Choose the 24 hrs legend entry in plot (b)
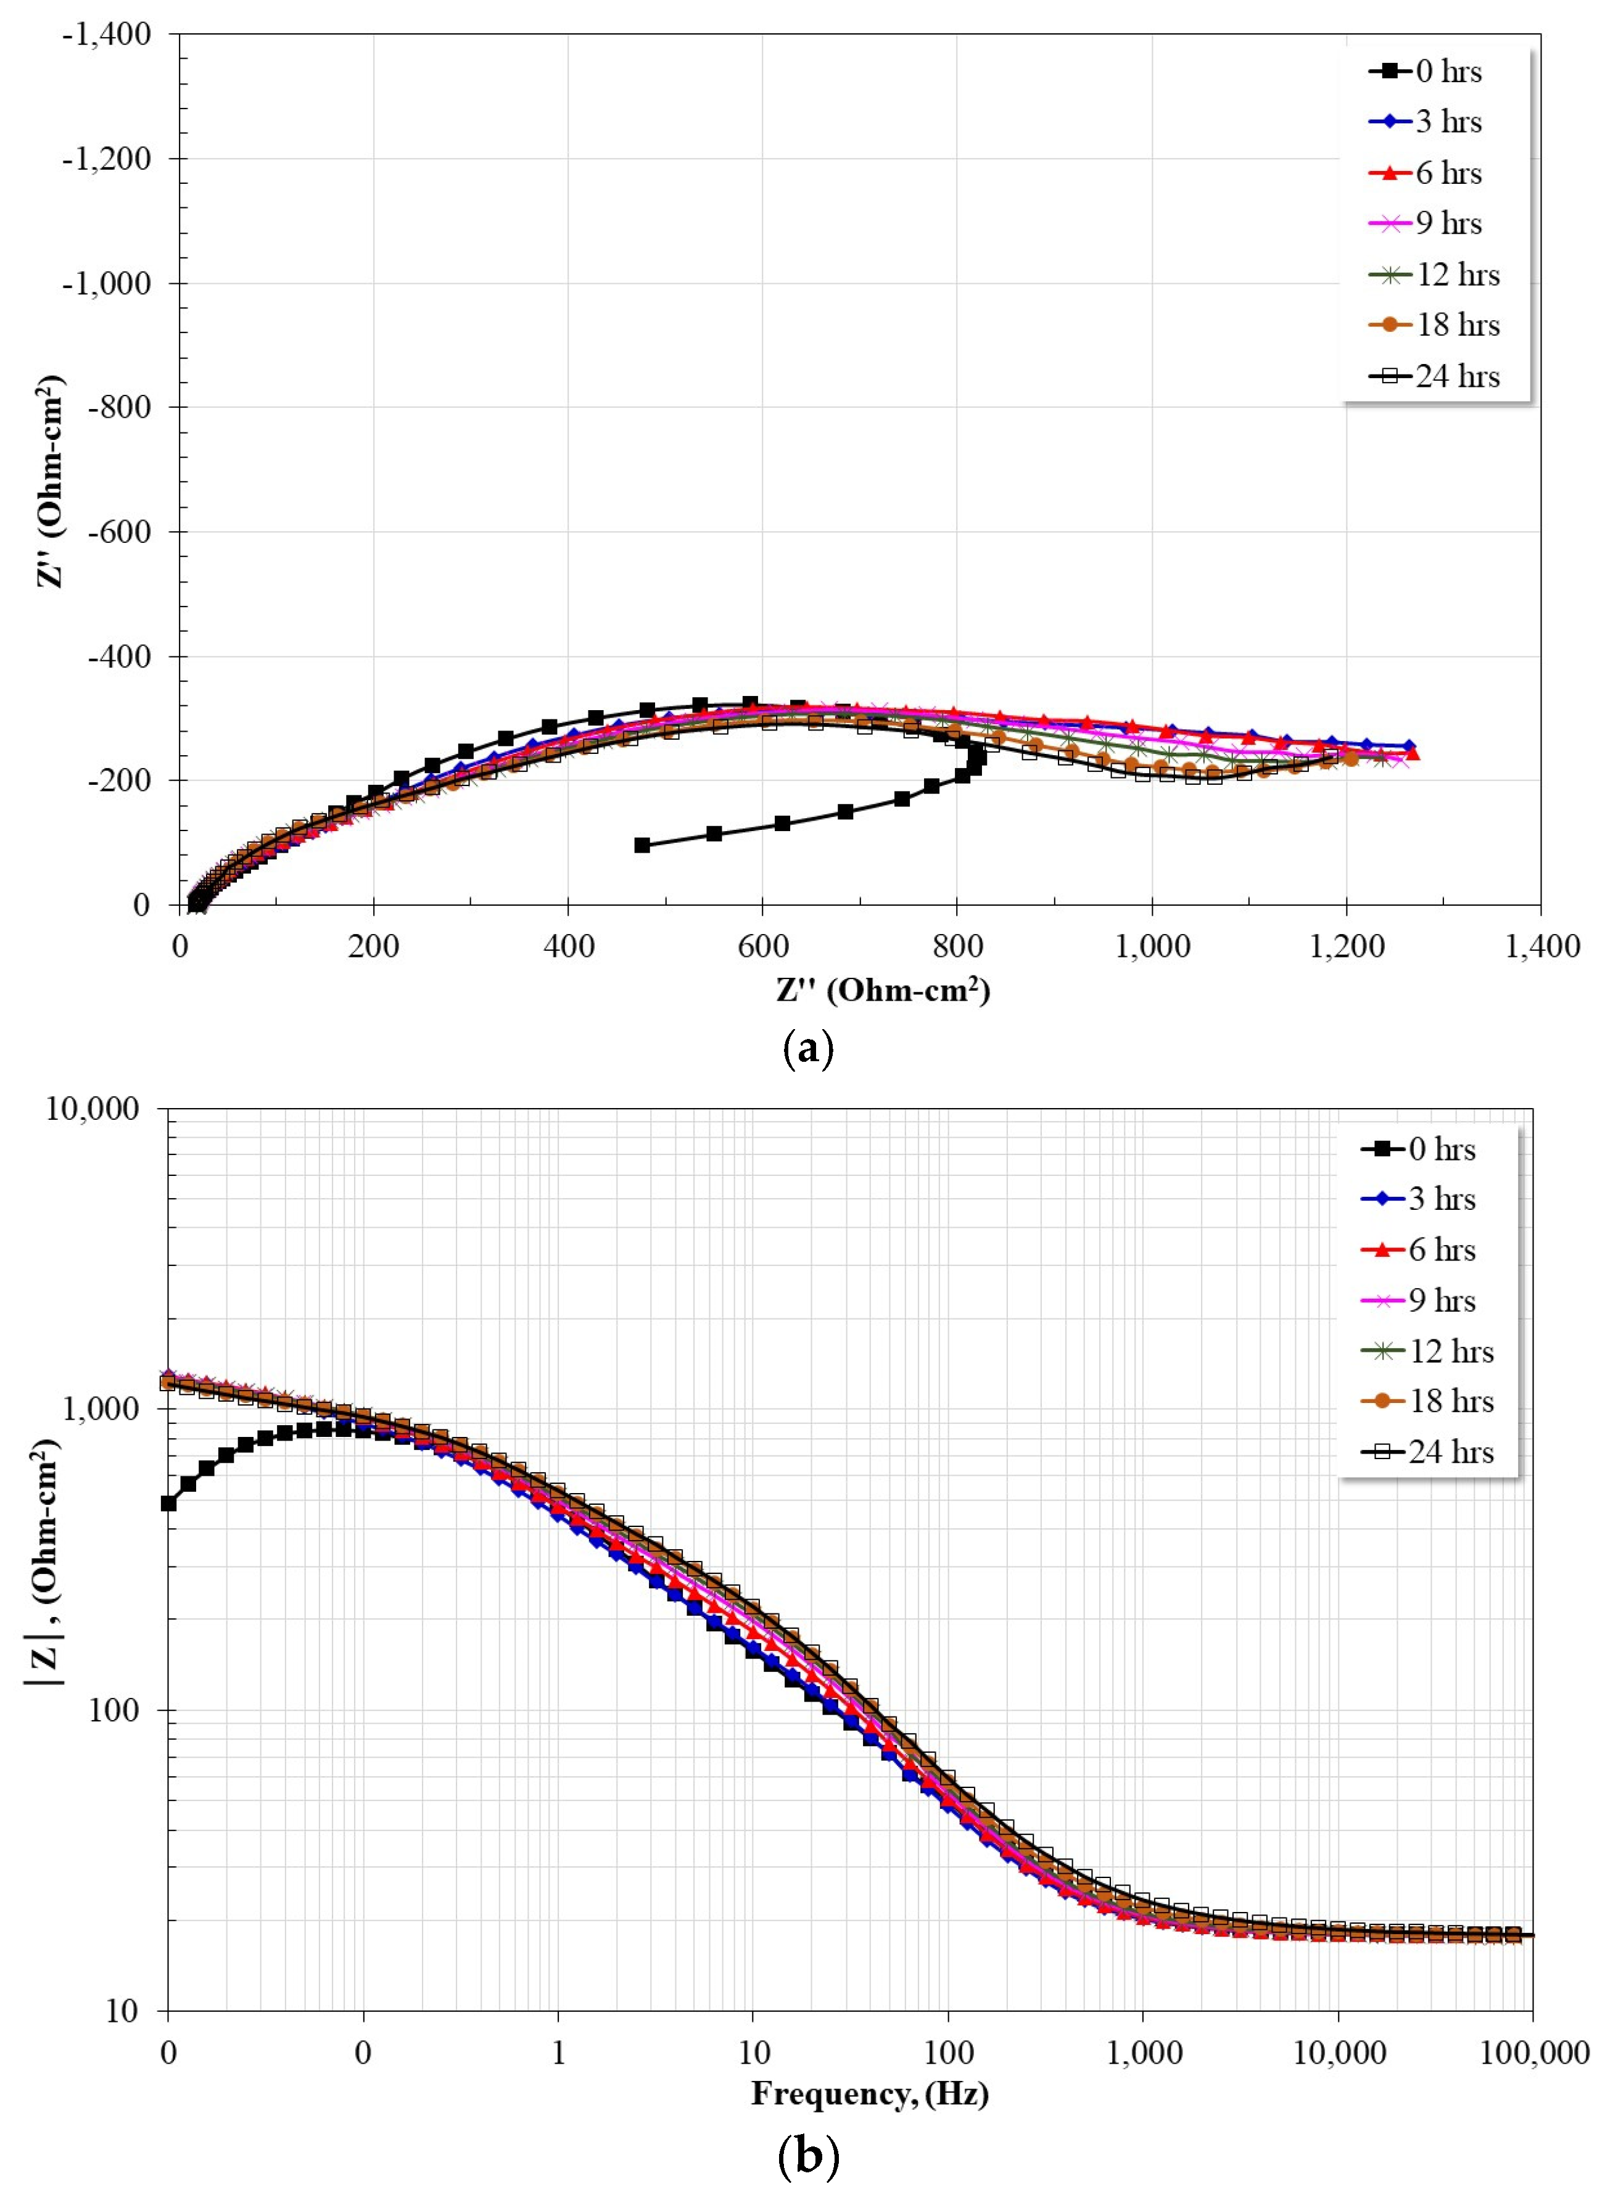tap(1428, 1452)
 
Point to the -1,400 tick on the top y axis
tap(107, 35)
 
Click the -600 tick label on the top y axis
tap(118, 531)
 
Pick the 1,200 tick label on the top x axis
tap(1347, 945)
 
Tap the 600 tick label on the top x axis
tap(762, 945)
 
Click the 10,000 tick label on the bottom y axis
tap(93, 1109)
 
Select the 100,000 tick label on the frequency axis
tap(1533, 2053)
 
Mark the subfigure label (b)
tap(807, 2156)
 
